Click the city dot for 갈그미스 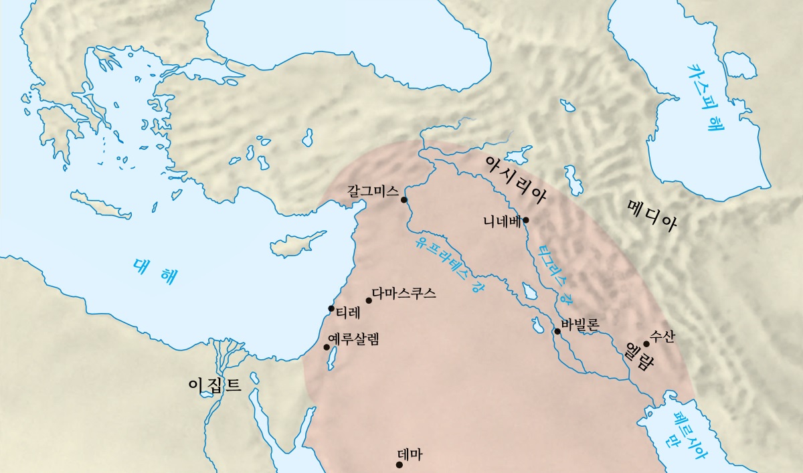click(404, 199)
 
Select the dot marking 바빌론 click(557, 331)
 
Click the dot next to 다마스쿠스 click(369, 300)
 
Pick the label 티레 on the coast click(348, 311)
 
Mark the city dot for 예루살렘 click(327, 347)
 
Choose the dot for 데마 click(400, 464)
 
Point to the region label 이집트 click(214, 384)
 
